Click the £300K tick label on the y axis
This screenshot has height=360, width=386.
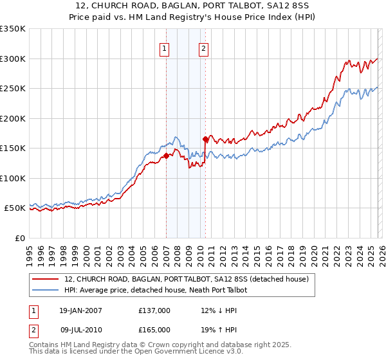(13, 59)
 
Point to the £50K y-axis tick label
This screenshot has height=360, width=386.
(15, 208)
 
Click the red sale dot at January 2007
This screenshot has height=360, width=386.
(166, 156)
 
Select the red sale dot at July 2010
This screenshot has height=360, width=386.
(205, 139)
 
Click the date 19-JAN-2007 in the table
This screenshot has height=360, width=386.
(82, 310)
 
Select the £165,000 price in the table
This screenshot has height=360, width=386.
(154, 330)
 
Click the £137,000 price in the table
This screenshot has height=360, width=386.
(154, 310)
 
